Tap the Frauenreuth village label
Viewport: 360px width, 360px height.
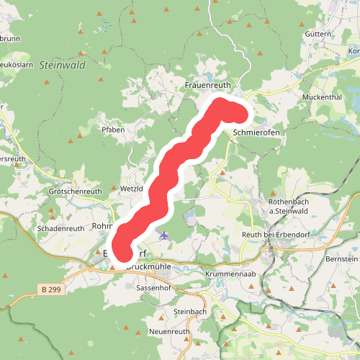(x=207, y=85)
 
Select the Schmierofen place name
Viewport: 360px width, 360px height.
(x=256, y=133)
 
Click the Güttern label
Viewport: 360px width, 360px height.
(x=318, y=34)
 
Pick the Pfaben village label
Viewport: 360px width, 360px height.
(x=113, y=130)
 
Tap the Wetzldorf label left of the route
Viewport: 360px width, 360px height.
(x=132, y=188)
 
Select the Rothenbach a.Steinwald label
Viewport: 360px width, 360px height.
(x=288, y=206)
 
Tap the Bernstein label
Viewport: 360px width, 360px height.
(x=341, y=258)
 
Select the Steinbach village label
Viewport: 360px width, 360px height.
(x=189, y=311)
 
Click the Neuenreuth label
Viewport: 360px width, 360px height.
(x=168, y=331)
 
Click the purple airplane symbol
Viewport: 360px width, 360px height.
(x=164, y=235)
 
